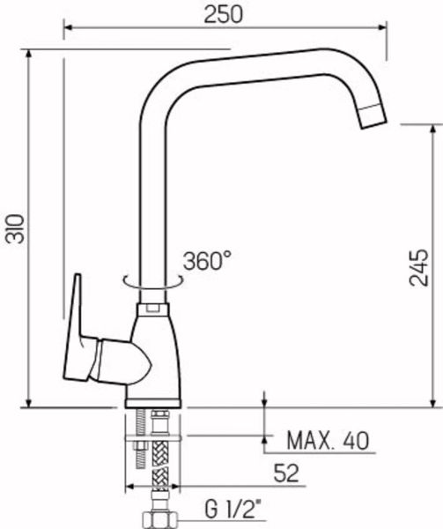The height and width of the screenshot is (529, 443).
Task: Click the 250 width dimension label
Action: tap(223, 14)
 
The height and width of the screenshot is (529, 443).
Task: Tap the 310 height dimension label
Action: tap(15, 228)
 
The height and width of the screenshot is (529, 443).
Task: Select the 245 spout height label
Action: tap(418, 267)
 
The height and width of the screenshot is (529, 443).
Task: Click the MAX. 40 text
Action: tap(328, 440)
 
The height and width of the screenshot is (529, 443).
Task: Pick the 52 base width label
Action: tap(286, 473)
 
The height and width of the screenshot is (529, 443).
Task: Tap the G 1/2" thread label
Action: tap(233, 510)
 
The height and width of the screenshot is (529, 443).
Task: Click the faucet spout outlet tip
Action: tap(374, 121)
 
